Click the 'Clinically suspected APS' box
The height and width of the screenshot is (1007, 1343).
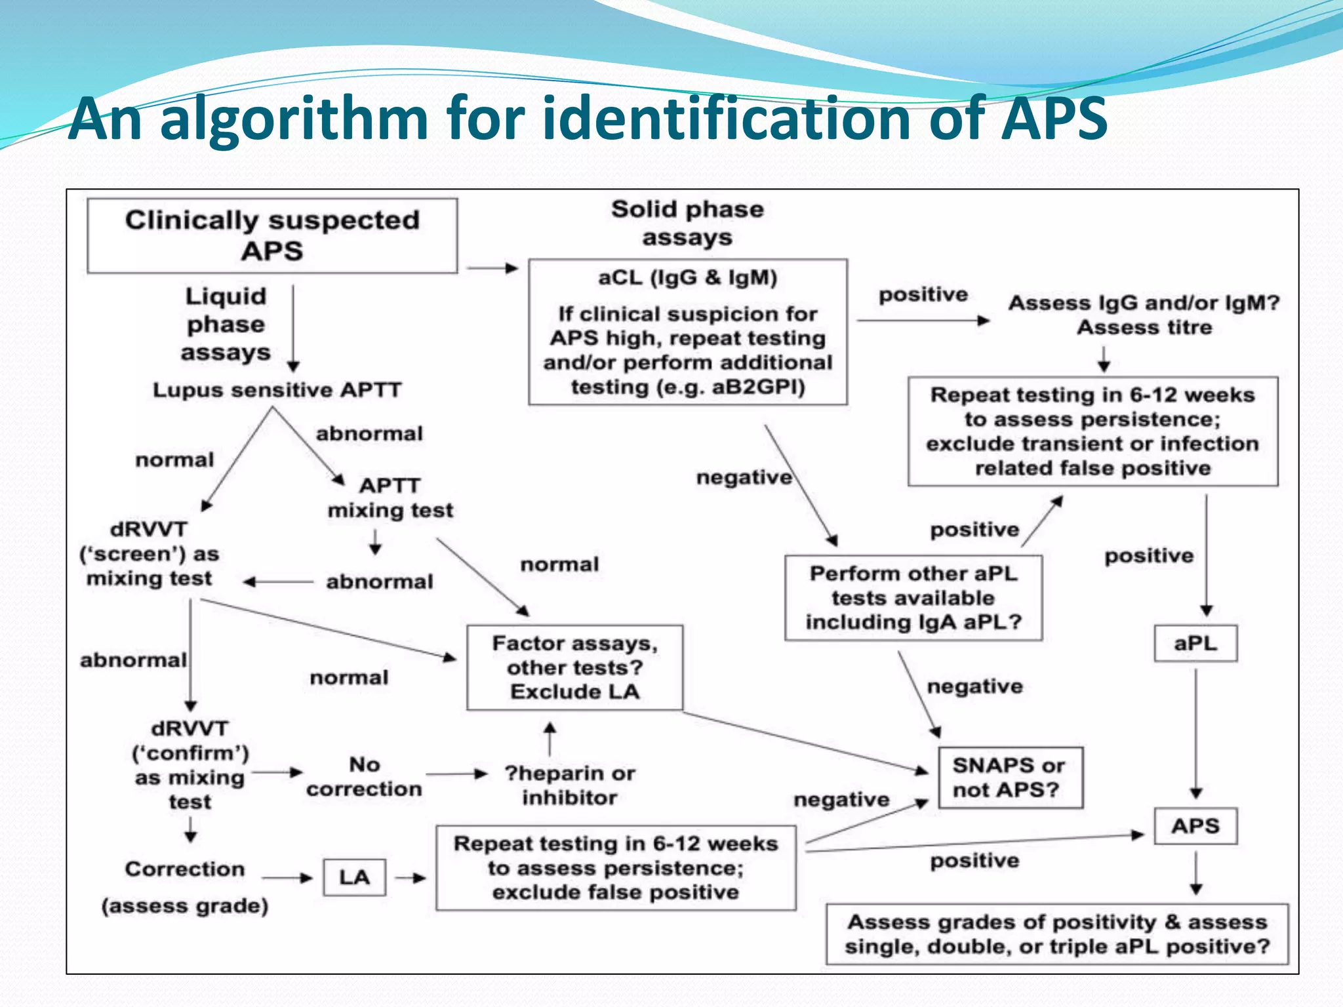[272, 236]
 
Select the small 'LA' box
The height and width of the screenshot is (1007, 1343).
[354, 877]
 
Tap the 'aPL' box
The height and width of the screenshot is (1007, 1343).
[1195, 643]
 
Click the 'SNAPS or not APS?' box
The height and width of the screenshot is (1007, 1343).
[1010, 778]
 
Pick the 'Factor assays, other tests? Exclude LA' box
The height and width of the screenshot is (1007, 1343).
[574, 667]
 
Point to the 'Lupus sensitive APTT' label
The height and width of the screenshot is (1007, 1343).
[277, 390]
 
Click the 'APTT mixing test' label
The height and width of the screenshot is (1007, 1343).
[390, 498]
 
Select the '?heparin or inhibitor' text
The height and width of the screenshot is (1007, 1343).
[570, 785]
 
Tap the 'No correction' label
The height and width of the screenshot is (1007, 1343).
[364, 777]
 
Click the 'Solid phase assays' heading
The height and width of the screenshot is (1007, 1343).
[687, 223]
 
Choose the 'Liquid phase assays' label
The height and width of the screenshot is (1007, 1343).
[226, 324]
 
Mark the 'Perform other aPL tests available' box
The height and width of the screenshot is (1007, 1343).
[913, 598]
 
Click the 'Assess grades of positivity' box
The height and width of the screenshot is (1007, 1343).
[1057, 934]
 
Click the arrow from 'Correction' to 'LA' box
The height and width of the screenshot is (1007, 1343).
[287, 877]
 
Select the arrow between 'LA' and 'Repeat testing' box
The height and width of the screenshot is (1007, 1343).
[411, 877]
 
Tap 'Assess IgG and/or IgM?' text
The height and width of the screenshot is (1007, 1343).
[1144, 303]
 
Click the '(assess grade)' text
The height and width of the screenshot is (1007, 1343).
[185, 906]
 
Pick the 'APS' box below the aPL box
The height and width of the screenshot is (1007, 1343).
[1195, 826]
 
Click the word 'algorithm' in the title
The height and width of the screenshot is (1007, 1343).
[294, 119]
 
